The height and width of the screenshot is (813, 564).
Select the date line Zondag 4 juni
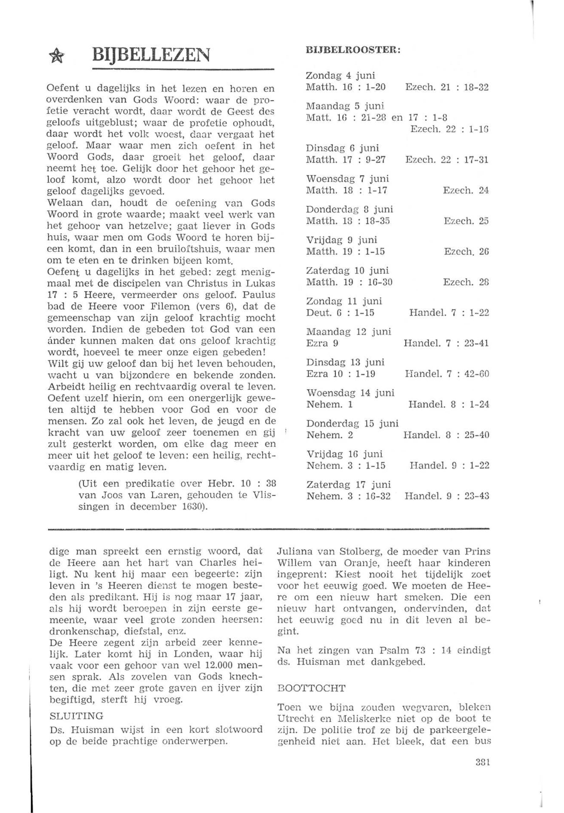340,75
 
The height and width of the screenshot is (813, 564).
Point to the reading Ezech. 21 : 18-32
447,87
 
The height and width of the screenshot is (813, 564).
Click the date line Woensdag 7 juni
347,179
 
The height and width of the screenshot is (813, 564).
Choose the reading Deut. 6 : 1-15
340,313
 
